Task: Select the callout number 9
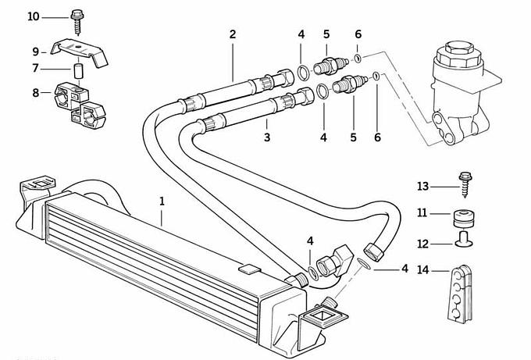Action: [x=35, y=52]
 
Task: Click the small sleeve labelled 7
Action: [x=78, y=72]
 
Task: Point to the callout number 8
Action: [x=35, y=93]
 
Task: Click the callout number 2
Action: [x=232, y=34]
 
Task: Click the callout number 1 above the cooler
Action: [x=162, y=201]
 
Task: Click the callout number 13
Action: [x=423, y=186]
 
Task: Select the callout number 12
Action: [x=422, y=243]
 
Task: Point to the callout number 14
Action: [x=422, y=271]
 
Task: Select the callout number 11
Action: [x=422, y=213]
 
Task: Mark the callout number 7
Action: [x=35, y=69]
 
